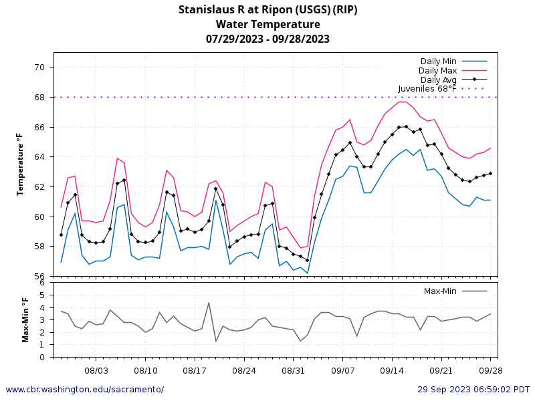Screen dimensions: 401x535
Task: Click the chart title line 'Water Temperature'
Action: (x=267, y=24)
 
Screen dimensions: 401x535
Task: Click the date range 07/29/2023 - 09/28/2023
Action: (x=267, y=39)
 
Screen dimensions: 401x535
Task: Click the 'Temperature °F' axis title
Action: (x=20, y=164)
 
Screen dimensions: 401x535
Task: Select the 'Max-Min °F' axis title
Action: (x=25, y=320)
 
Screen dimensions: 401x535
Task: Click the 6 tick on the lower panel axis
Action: (x=42, y=283)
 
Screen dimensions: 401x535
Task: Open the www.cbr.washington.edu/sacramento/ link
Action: (x=84, y=390)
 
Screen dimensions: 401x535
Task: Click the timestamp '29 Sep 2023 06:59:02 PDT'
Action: (x=473, y=390)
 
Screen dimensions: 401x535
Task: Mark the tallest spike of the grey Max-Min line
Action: (x=209, y=303)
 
